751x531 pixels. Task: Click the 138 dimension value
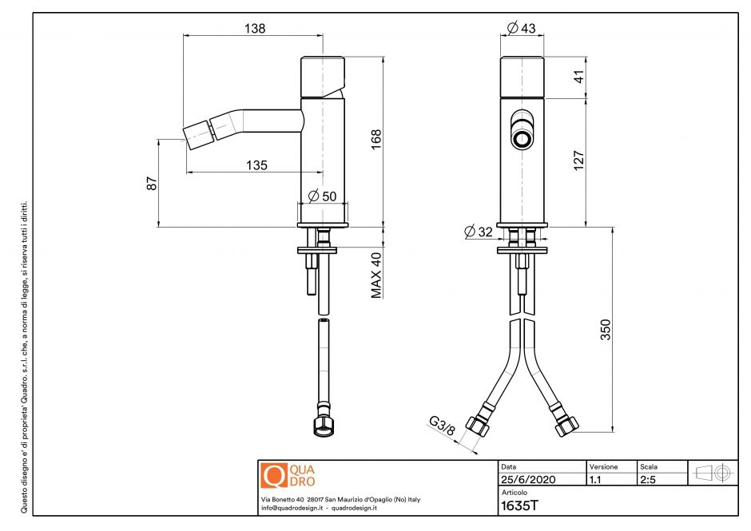254,28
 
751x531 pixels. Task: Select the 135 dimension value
256,165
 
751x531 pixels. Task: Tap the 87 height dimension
152,183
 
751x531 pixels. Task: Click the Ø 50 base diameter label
323,196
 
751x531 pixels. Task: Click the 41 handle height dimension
579,77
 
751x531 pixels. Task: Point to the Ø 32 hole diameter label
479,232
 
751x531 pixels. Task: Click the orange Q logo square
274,475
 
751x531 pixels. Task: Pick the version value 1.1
596,480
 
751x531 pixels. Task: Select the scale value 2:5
649,480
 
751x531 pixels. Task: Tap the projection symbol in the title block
713,473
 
